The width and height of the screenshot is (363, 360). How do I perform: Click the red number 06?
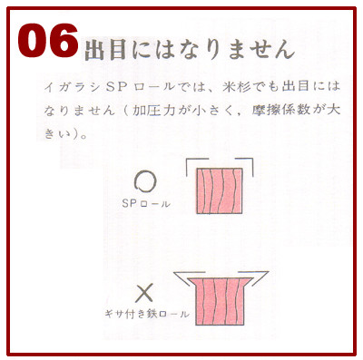[48, 41]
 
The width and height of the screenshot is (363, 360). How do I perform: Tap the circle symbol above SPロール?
[145, 182]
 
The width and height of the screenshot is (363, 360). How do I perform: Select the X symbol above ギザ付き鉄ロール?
[144, 293]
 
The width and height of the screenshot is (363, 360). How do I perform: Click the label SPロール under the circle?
[146, 204]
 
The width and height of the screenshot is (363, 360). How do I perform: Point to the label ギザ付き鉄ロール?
[147, 314]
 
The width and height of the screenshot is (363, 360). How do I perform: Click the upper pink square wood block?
[220, 190]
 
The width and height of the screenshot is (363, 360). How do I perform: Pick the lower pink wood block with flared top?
[220, 302]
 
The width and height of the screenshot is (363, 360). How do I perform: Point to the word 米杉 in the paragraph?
[236, 87]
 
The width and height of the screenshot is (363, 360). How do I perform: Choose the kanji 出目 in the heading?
[105, 49]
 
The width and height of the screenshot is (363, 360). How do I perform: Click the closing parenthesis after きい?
[72, 134]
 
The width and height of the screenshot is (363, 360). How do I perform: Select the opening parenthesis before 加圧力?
[125, 111]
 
